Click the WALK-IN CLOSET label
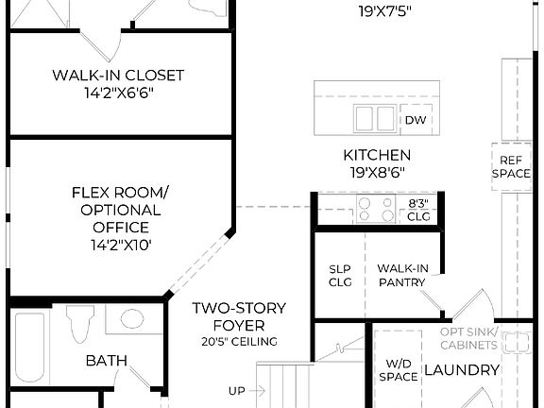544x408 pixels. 118,75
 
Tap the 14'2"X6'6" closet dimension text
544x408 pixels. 118,93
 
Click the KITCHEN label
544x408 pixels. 376,155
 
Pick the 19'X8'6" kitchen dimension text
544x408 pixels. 376,173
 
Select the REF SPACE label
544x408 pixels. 509,167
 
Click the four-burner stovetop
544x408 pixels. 376,210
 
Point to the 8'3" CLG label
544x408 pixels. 418,210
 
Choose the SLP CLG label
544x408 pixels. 340,275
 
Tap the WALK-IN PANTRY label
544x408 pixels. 403,275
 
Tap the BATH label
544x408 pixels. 107,360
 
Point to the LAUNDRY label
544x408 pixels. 461,369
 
